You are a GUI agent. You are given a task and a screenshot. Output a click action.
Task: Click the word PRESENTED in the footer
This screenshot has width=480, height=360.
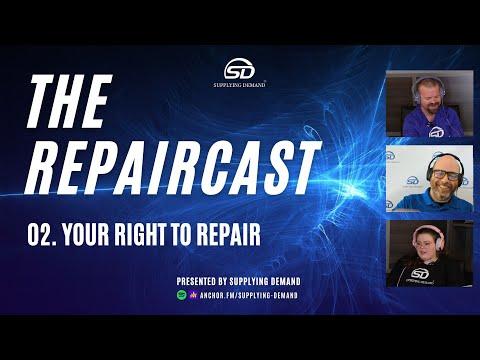[x=200, y=282]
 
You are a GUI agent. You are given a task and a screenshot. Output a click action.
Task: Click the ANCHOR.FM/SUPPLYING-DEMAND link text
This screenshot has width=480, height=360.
[x=251, y=296]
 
